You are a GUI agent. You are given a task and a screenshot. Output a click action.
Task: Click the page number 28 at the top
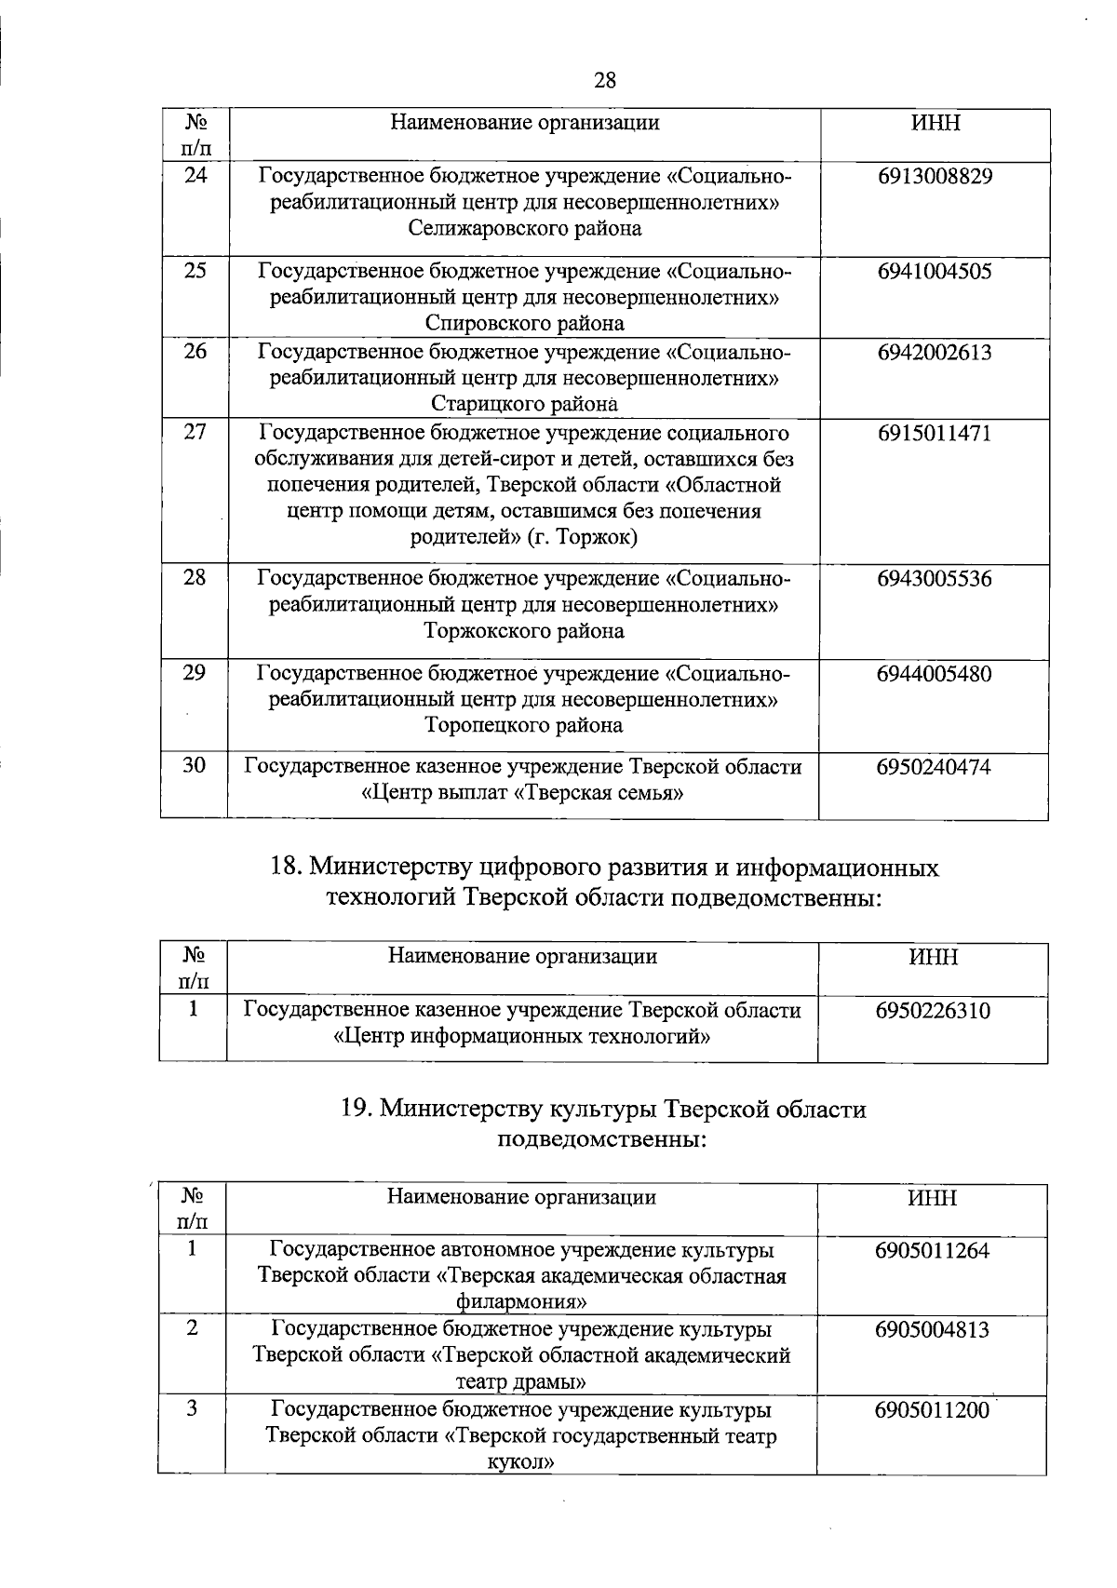[604, 80]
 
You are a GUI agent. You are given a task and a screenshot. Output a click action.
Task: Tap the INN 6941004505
[934, 272]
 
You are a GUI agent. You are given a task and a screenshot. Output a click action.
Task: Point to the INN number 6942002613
[934, 353]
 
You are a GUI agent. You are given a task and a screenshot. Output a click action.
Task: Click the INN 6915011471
[934, 434]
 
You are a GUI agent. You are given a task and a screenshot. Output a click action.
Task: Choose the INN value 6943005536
[934, 579]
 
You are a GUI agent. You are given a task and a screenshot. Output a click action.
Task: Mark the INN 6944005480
[934, 674]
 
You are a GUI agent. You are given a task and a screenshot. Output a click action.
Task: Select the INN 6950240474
[934, 768]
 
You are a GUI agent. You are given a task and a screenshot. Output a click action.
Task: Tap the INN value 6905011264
[932, 1250]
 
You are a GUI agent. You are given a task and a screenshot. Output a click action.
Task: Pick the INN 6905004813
[932, 1330]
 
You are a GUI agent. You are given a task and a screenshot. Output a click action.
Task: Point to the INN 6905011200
[932, 1410]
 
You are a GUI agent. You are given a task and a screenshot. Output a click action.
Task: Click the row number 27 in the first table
[194, 432]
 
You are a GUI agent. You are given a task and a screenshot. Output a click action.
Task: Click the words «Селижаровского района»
[525, 229]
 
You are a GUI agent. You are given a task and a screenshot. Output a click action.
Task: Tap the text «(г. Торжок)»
[583, 538]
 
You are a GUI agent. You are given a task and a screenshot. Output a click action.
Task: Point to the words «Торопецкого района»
[524, 725]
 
